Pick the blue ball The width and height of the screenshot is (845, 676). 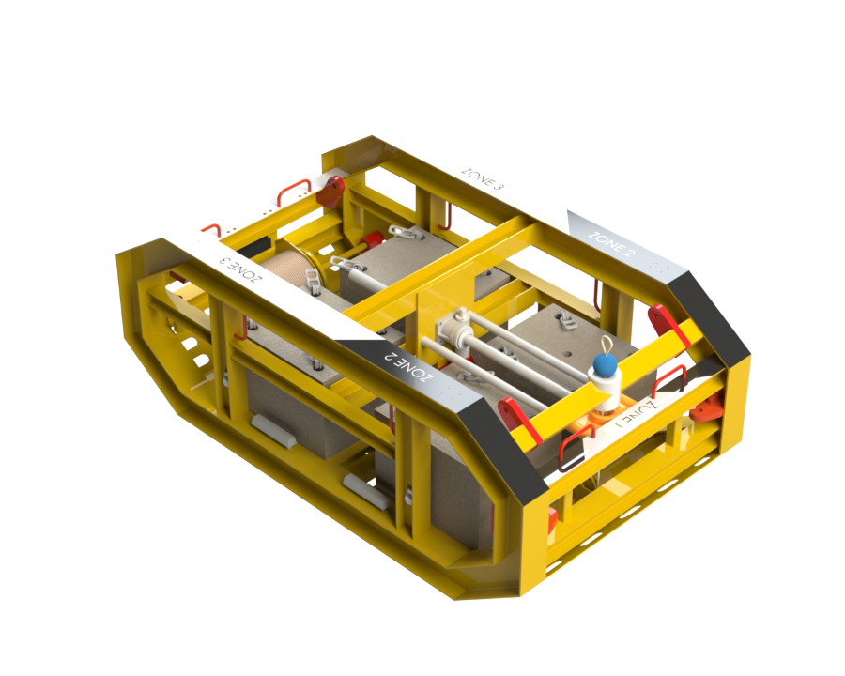coord(604,365)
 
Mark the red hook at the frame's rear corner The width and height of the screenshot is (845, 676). coord(330,192)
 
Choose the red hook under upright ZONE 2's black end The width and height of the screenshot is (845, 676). coord(668,324)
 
